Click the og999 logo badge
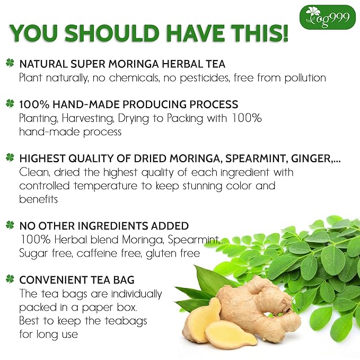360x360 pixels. (327, 17)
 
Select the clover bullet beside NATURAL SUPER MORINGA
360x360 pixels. (10, 64)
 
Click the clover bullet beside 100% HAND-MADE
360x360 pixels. (10, 104)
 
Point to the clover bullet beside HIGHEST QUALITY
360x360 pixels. (10, 157)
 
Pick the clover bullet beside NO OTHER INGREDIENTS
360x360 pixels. (10, 225)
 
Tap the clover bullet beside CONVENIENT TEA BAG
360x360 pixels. (10, 279)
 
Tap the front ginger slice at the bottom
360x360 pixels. (225, 333)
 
